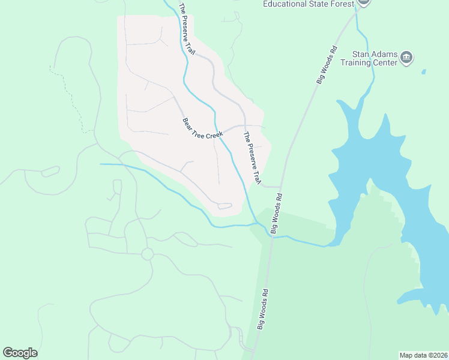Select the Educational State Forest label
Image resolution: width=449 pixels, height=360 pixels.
[x=308, y=4]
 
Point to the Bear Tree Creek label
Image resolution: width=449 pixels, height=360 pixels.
[x=202, y=128]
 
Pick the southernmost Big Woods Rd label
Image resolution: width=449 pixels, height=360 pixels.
[x=263, y=308]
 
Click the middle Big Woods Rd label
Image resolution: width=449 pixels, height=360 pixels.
[x=276, y=213]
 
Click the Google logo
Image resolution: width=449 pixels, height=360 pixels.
[x=20, y=353]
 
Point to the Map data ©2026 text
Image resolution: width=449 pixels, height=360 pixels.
[x=423, y=355]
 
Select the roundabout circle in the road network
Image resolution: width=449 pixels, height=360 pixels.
[x=147, y=254]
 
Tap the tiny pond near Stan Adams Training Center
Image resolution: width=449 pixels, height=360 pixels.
[x=424, y=72]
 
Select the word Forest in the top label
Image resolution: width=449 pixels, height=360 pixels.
[x=344, y=4]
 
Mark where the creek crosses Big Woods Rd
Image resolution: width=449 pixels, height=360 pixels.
[x=271, y=235]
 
